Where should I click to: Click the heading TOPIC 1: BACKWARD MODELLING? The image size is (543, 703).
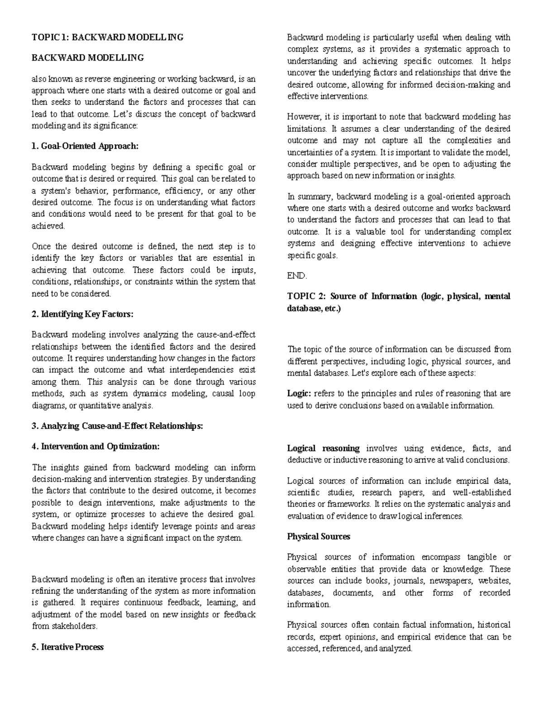point(107,38)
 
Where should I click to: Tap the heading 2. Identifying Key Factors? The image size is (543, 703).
point(83,314)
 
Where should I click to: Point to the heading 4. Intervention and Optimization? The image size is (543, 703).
point(95,446)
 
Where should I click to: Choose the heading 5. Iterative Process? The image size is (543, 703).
point(67,647)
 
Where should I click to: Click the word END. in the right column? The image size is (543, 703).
point(297,276)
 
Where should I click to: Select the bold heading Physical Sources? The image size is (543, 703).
point(319,536)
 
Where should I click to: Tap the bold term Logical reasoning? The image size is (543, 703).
point(323,448)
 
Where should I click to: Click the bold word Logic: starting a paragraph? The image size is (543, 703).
point(299,393)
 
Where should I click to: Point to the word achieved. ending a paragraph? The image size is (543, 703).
point(48,226)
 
